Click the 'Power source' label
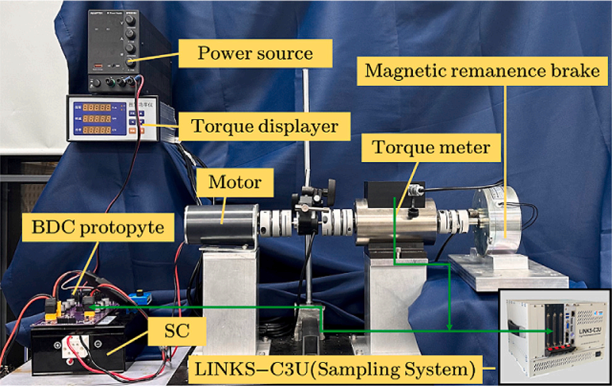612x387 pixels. tap(255, 53)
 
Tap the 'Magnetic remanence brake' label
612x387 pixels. tap(482, 71)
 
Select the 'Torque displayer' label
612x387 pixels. tap(265, 127)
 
